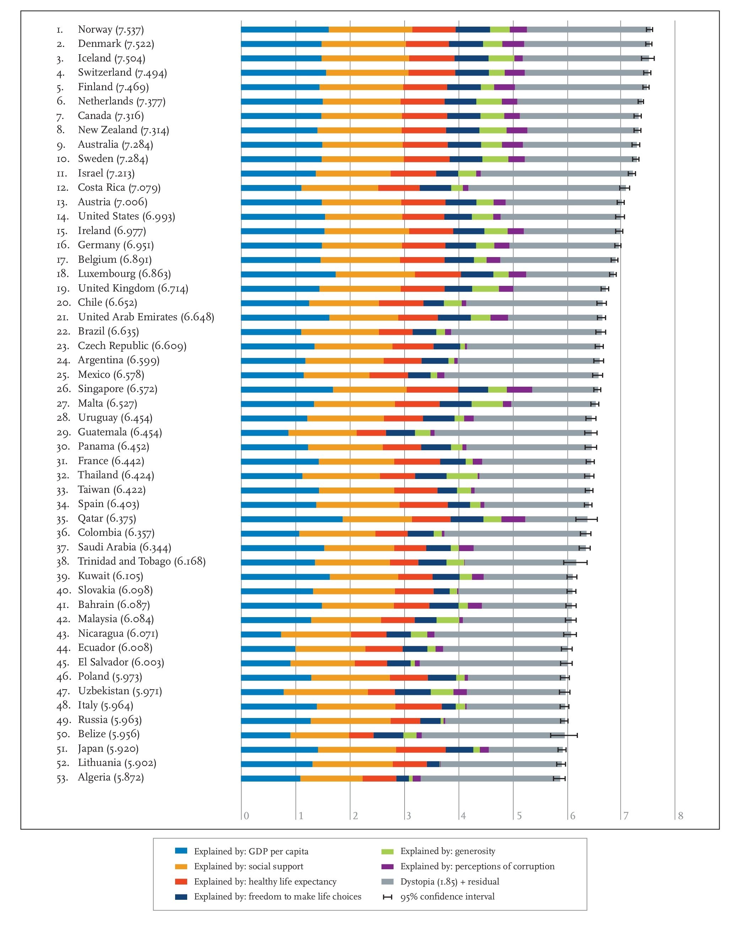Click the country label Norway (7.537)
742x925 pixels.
point(111,29)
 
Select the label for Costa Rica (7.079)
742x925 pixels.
point(119,187)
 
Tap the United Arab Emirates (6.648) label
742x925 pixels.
point(146,317)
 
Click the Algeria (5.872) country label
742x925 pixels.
point(111,777)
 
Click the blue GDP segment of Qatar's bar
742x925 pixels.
point(292,519)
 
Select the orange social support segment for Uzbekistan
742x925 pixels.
point(326,692)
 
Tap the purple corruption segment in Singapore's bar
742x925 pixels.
point(519,390)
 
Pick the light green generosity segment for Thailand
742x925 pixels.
point(462,476)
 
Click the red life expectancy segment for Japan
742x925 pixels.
point(421,749)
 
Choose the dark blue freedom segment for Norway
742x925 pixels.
point(473,29)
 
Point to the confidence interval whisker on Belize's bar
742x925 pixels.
point(564,735)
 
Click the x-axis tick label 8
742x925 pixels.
point(680,816)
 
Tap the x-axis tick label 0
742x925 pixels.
point(247,816)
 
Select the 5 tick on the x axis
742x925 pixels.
point(519,816)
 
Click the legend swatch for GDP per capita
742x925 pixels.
point(181,850)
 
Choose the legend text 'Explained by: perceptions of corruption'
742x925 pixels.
point(477,866)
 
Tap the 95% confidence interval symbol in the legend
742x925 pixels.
point(388,896)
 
